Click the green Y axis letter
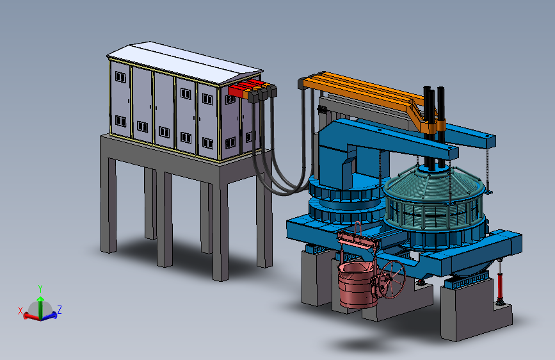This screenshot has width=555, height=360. (x=40, y=288)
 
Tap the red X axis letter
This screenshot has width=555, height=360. (x=20, y=311)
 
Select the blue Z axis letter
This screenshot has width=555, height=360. (x=60, y=309)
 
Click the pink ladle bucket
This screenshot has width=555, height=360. (x=357, y=284)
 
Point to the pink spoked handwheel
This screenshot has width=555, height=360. (x=392, y=279)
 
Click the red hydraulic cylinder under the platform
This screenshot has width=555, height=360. (x=500, y=282)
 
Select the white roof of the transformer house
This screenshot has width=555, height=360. (x=185, y=63)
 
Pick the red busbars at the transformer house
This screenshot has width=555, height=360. (x=245, y=88)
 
